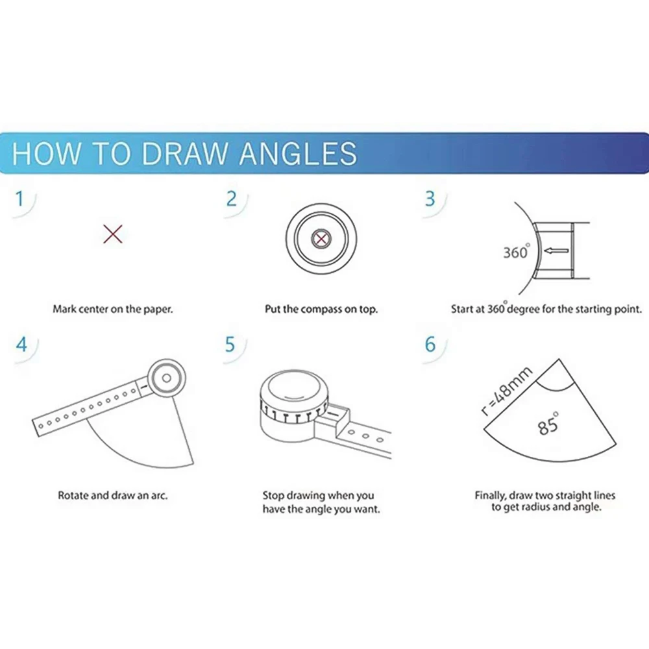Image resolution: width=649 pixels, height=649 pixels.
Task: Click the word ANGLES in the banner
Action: point(298,154)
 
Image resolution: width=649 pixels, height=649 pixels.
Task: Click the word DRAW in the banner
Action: point(184,154)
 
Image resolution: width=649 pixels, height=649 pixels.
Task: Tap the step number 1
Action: point(19,199)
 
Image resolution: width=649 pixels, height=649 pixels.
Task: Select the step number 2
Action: point(232,199)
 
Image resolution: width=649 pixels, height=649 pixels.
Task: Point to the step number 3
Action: point(430,199)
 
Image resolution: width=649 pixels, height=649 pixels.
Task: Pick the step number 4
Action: point(21,345)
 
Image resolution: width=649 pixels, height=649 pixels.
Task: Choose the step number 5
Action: point(230,345)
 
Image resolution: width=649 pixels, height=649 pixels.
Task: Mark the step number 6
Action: point(430,345)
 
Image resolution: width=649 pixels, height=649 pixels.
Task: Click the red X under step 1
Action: point(113,234)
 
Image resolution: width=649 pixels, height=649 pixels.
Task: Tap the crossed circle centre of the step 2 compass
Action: point(321,239)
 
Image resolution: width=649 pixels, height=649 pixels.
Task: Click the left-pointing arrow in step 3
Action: point(556,251)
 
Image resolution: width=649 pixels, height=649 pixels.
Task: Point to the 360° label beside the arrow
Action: point(516,252)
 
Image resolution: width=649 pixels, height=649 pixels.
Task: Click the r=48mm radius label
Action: point(507,391)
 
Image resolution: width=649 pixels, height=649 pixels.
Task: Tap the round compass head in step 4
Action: point(166,378)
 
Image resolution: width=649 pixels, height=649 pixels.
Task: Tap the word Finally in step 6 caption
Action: point(491,496)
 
